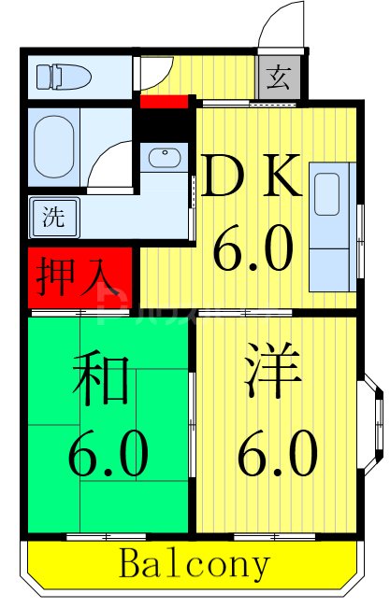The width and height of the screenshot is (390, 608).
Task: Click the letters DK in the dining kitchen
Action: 252,178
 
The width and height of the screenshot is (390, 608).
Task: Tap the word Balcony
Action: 195,564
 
